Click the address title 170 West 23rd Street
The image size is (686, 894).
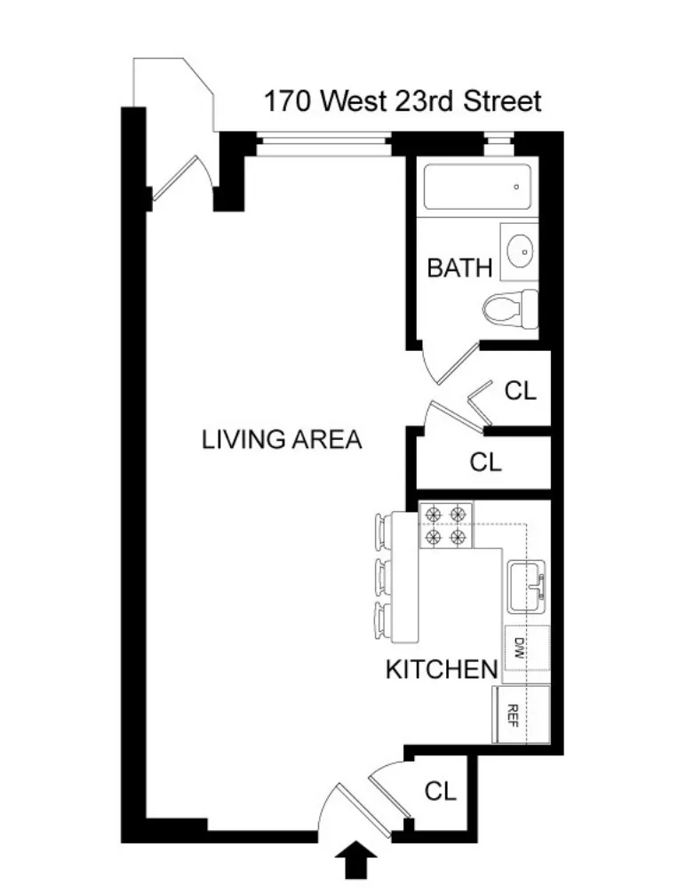point(402,101)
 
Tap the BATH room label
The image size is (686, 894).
point(459,267)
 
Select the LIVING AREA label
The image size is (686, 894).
point(282,439)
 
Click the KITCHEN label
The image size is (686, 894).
point(440,669)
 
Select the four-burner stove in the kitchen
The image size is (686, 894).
point(445,525)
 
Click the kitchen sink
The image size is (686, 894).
point(527,587)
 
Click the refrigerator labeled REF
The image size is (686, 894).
point(513,714)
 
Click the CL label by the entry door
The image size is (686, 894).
point(440,791)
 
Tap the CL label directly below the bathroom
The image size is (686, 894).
point(521,391)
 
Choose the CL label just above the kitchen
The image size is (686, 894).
point(485,462)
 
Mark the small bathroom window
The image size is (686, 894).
point(499,140)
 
